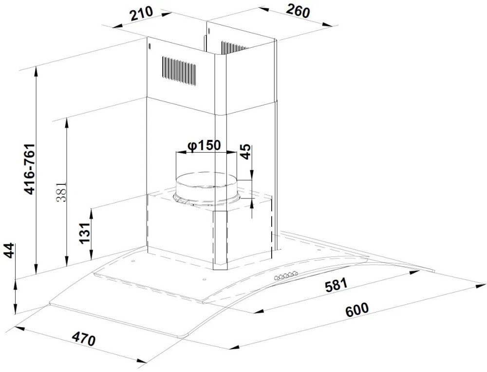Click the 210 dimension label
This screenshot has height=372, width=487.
[x=142, y=14]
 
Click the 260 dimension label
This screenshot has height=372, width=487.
[x=298, y=12]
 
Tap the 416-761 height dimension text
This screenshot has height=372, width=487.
[x=30, y=169]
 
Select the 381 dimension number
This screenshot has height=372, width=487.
[x=61, y=192]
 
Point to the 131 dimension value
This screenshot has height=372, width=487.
[x=84, y=234]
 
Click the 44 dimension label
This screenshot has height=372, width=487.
[x=10, y=251]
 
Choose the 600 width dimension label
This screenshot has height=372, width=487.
[x=357, y=310]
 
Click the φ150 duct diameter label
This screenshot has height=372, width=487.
[x=204, y=145]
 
